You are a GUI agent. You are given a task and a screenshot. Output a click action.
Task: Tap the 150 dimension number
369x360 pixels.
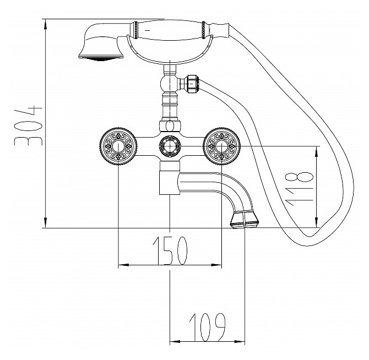(170, 250)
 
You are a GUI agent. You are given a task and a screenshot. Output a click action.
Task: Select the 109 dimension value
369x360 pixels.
(207, 327)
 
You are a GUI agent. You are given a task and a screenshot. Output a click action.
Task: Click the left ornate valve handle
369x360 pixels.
(118, 146)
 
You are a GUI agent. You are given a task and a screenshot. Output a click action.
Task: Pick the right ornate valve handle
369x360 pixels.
(222, 146)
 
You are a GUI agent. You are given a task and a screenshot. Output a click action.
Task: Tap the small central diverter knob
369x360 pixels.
(170, 146)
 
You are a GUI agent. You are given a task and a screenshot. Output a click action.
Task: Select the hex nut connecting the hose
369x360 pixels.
(192, 84)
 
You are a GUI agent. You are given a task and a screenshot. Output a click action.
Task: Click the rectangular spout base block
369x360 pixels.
(170, 183)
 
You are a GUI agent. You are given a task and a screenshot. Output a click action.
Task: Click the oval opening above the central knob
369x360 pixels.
(170, 127)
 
